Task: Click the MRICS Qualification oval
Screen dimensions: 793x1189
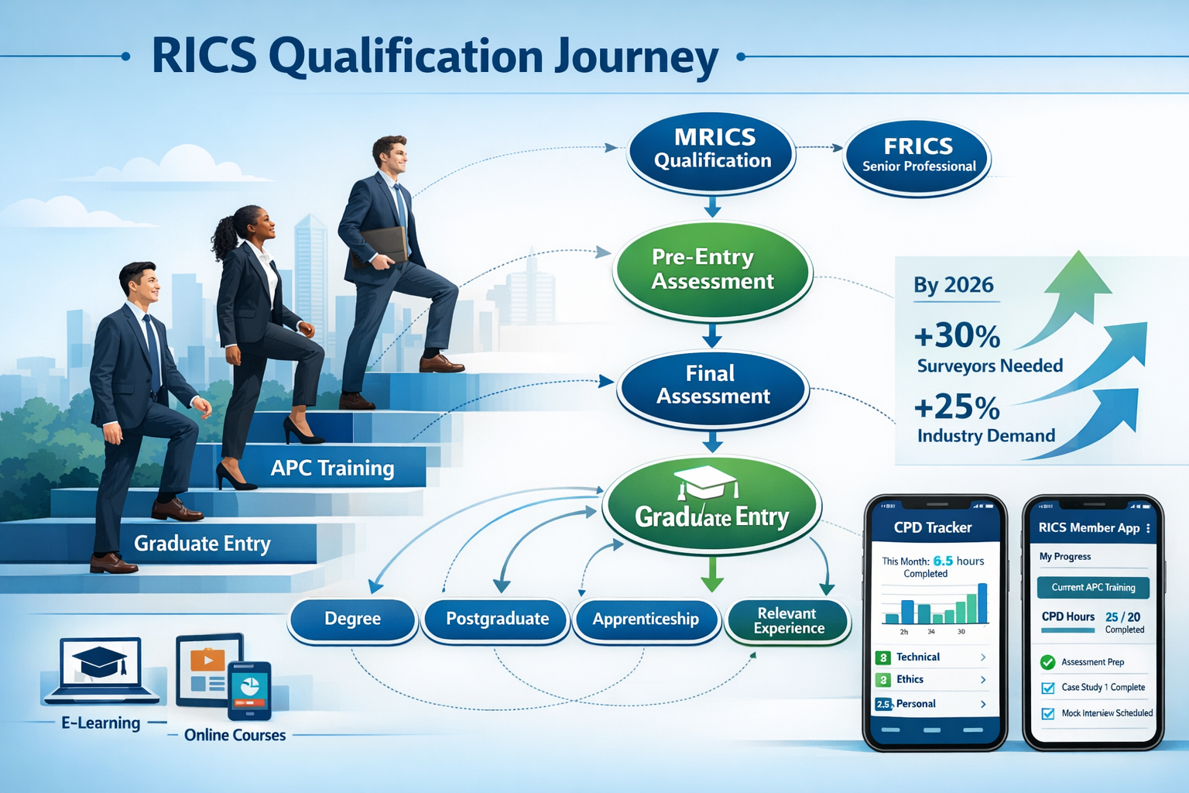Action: pos(712,150)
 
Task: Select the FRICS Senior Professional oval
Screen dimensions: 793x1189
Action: pos(918,156)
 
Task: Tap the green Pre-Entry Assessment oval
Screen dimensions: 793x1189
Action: pos(712,269)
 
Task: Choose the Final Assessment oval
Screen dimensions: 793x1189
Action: pos(712,386)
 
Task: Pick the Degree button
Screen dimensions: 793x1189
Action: pos(353,619)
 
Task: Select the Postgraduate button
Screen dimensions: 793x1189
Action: pos(497,619)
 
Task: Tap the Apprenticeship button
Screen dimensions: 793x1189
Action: pos(646,619)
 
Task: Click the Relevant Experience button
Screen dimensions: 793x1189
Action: pos(788,620)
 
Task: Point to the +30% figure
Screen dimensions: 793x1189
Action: pos(957,336)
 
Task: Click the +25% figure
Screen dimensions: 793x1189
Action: pos(957,407)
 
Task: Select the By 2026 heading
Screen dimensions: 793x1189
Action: pos(953,285)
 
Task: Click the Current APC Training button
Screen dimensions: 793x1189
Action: pos(1093,587)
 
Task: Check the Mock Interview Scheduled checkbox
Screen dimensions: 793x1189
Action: pos(1048,713)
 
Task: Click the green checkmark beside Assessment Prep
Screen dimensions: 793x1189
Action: pos(1048,662)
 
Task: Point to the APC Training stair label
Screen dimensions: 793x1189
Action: pos(332,468)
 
